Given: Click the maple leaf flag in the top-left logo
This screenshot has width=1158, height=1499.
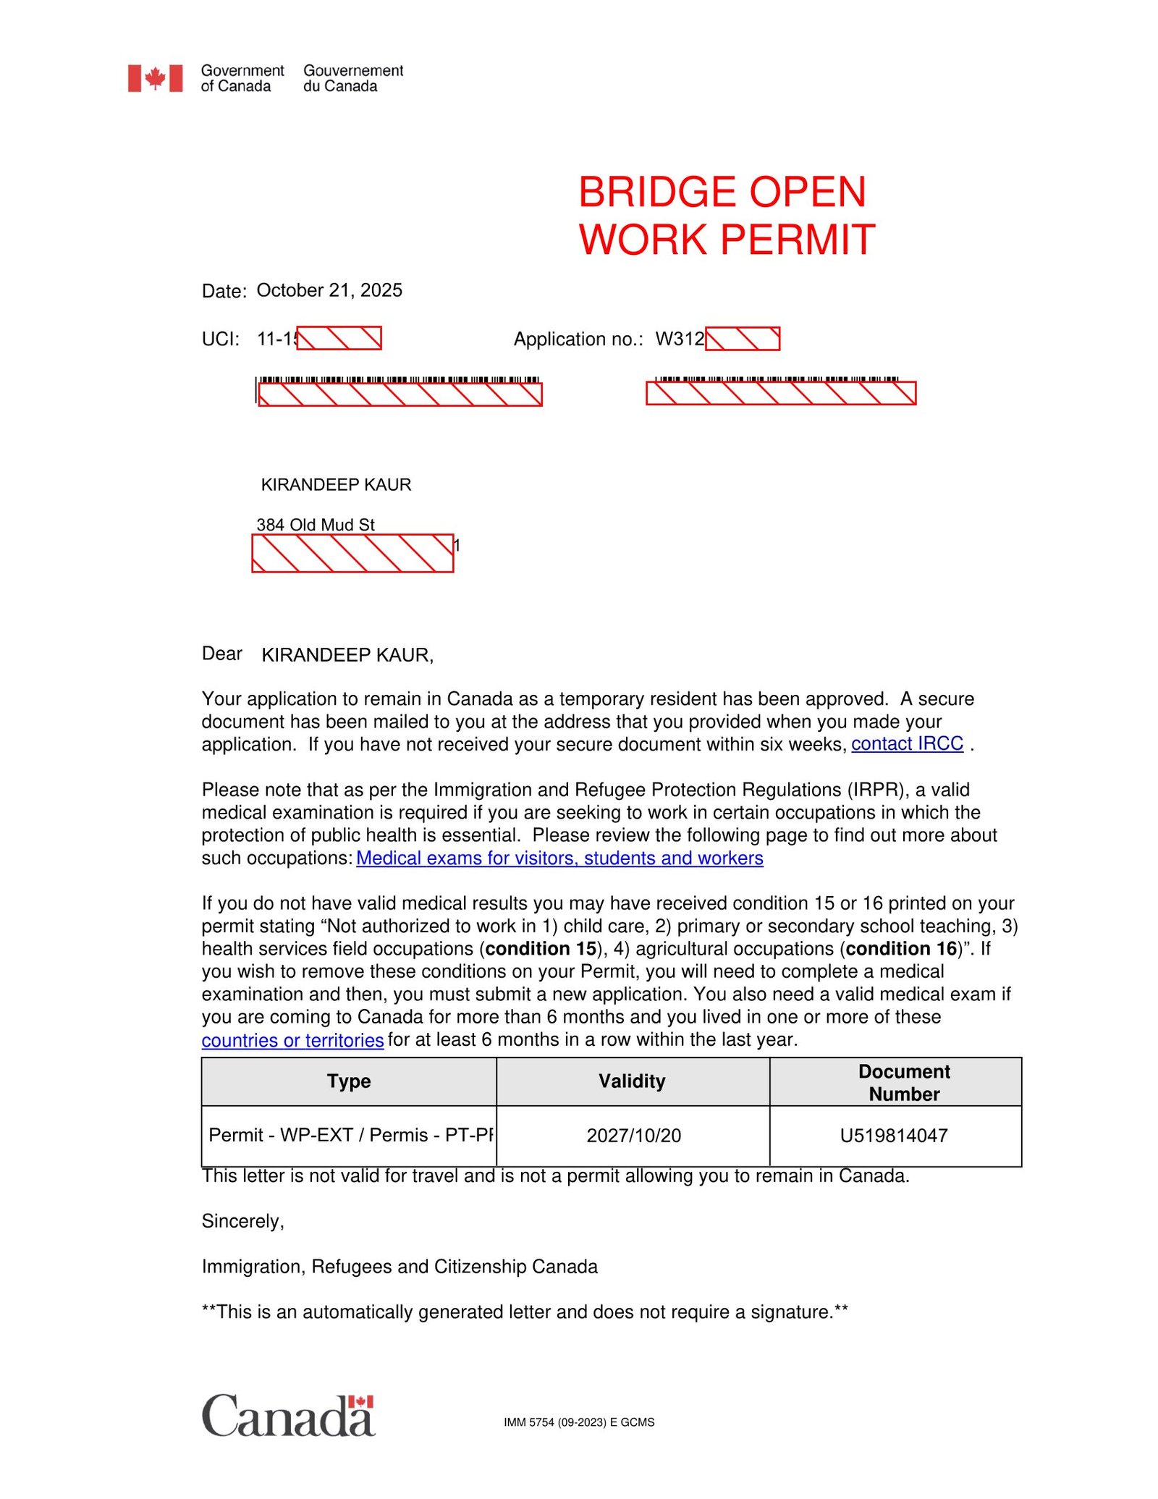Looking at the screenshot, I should [x=155, y=78].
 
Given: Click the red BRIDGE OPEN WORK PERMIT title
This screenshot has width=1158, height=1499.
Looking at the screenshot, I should [x=726, y=216].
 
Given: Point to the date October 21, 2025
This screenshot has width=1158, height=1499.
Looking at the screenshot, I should [x=329, y=290].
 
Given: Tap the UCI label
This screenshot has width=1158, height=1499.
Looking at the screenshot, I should [x=220, y=339].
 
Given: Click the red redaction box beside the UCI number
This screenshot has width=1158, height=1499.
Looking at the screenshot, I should [x=339, y=338].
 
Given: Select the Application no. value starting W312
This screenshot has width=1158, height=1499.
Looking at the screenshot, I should [x=680, y=339].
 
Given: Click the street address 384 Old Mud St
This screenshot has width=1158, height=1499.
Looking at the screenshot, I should [x=316, y=525].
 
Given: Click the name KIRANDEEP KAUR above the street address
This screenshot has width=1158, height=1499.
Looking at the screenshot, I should [x=336, y=485].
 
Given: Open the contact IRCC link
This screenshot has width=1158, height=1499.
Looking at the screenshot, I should [x=907, y=744].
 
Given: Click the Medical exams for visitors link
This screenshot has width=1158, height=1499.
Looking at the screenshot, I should [x=559, y=858].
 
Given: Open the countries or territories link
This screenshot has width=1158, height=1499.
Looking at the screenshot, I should [x=292, y=1040].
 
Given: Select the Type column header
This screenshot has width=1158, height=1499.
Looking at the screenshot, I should [x=349, y=1081].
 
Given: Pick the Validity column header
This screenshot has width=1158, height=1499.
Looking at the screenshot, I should [x=632, y=1081].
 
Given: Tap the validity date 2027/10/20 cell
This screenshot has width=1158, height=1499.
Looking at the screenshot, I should [x=634, y=1136].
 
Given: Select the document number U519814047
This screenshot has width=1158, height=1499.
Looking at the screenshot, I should [x=894, y=1136].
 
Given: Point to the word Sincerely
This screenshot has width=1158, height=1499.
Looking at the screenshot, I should [x=243, y=1222].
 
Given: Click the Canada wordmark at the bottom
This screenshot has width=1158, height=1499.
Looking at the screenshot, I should [x=288, y=1416].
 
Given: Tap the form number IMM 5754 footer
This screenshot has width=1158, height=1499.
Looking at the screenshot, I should [x=579, y=1422].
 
